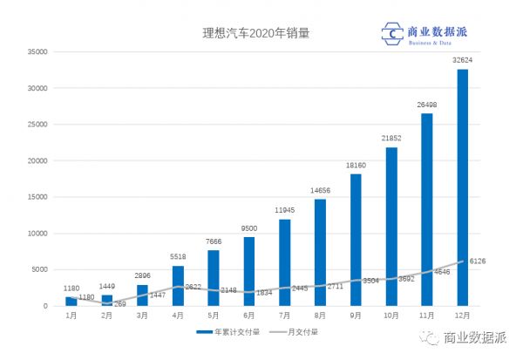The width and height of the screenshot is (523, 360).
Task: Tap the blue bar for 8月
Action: [x=320, y=252]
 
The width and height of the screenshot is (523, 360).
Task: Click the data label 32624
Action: [x=463, y=61]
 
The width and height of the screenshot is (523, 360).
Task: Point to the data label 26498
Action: [x=427, y=105]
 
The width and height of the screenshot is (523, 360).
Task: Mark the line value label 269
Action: [x=119, y=304]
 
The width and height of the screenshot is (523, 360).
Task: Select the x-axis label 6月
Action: [x=248, y=316]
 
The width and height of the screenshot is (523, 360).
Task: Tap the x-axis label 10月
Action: [x=391, y=316]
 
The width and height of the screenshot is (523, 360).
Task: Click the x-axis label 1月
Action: [x=71, y=316]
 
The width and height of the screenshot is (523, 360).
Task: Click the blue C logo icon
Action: [x=391, y=34]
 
